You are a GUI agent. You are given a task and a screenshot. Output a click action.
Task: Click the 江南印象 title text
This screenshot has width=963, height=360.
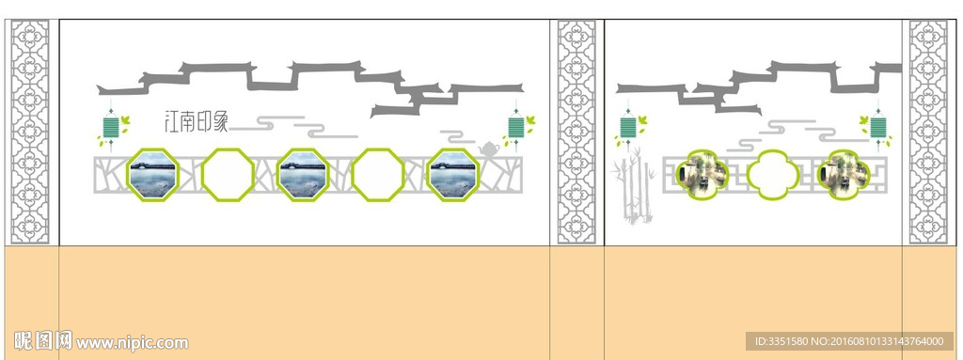[196, 121]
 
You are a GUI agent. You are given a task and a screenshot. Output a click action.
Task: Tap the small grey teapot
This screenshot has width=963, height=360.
[488, 149]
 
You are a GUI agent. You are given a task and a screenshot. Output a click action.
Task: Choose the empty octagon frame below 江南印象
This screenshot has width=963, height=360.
[228, 175]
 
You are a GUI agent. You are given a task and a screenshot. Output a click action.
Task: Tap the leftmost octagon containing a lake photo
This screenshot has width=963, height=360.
[153, 175]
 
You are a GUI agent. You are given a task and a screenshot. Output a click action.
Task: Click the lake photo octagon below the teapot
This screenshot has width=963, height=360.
[453, 175]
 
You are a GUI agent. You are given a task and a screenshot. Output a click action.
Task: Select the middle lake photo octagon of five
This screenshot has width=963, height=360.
[303, 175]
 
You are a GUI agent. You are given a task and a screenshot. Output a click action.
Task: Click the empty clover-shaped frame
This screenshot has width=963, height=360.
[773, 175]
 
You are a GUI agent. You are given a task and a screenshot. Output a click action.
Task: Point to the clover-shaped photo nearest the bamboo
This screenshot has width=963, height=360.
[702, 175]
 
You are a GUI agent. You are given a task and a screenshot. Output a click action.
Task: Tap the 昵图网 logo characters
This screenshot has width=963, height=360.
[43, 340]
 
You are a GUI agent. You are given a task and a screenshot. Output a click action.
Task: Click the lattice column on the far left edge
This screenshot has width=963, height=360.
[30, 133]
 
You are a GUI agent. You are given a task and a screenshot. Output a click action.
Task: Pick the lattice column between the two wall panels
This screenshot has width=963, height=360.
[576, 133]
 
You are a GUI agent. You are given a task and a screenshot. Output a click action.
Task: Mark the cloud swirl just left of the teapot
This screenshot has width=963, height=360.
[458, 136]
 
